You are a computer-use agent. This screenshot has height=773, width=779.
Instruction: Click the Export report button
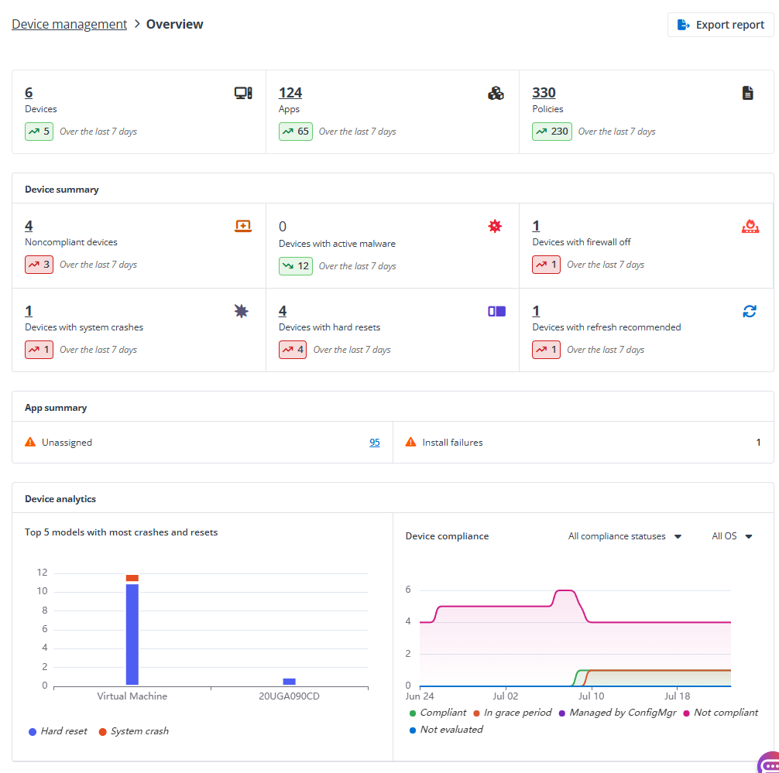[721, 25]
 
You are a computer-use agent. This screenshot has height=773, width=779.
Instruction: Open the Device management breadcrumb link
[69, 24]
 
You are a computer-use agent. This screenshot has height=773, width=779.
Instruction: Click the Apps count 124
[290, 93]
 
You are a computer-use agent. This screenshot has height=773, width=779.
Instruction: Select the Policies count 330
[544, 93]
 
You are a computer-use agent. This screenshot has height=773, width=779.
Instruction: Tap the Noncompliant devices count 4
[29, 226]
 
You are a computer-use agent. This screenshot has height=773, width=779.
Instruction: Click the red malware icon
[495, 226]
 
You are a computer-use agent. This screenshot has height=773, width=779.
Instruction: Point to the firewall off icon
[750, 226]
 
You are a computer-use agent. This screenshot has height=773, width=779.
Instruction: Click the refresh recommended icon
[749, 311]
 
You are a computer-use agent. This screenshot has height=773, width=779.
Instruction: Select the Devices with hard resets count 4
[283, 311]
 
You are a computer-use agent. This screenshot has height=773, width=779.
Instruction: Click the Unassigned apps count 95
[374, 443]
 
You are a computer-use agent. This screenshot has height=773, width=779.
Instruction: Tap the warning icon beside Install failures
[411, 443]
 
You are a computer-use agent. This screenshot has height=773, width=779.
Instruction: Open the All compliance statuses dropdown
[624, 536]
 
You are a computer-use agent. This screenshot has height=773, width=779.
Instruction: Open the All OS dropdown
[732, 536]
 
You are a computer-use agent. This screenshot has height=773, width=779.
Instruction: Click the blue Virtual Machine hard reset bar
[132, 634]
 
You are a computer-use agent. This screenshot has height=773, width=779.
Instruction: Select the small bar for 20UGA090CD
[289, 682]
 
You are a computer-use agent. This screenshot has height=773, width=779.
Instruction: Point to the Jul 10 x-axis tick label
[592, 696]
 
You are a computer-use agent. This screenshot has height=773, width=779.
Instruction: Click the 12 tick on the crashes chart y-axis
[42, 573]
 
